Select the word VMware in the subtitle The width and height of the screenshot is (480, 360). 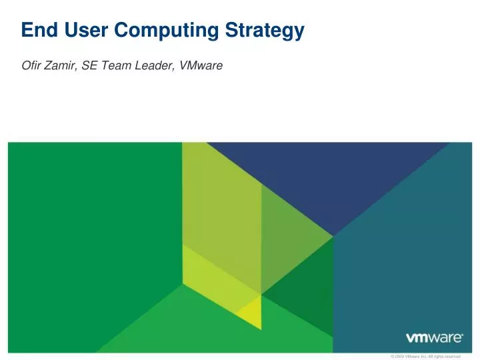click(201, 66)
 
